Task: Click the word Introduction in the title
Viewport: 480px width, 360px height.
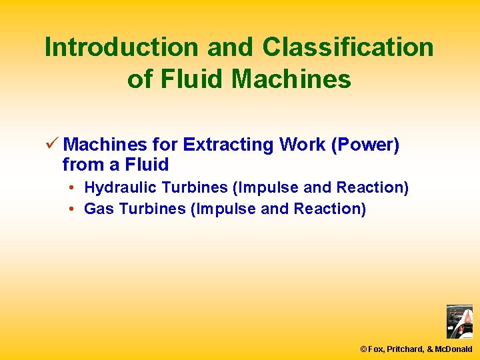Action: [x=121, y=47]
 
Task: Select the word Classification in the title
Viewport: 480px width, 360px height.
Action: [x=348, y=47]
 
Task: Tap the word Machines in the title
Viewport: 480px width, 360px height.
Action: [x=291, y=79]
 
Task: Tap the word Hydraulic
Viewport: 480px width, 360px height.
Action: [x=118, y=188]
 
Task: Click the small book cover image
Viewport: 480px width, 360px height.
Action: [x=459, y=322]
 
